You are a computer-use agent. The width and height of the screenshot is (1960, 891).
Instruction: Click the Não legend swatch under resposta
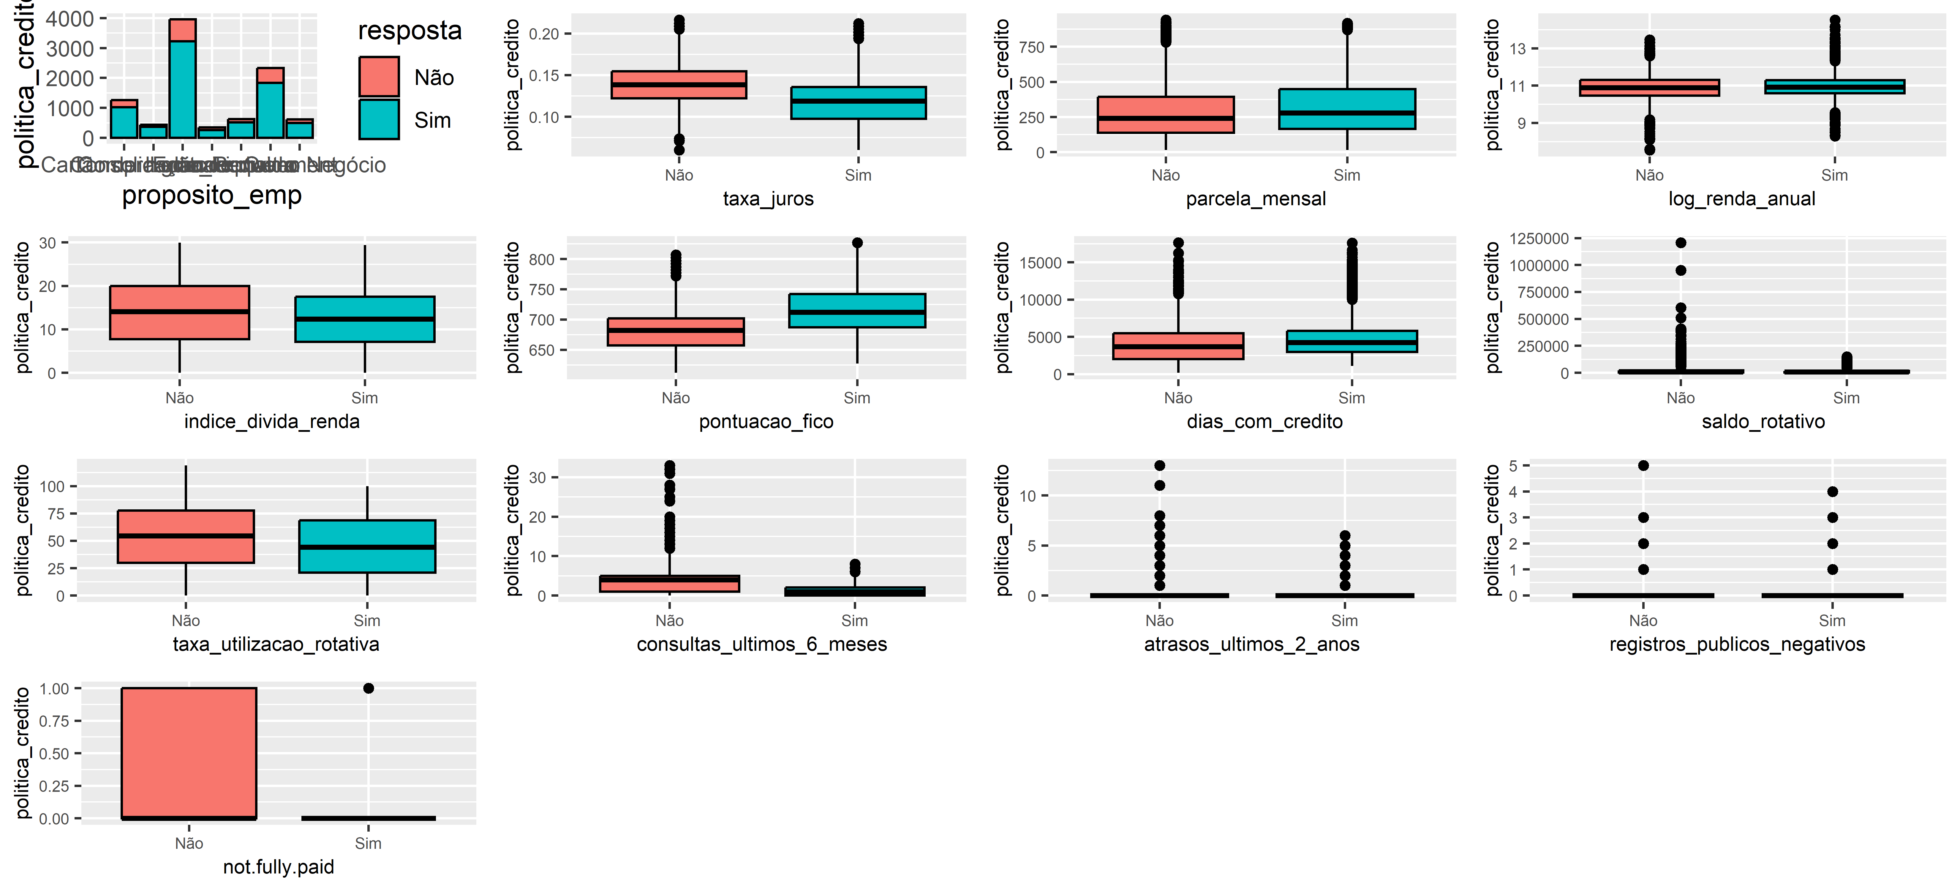pyautogui.click(x=379, y=77)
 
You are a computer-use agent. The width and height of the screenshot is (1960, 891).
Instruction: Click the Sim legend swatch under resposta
pyautogui.click(x=379, y=119)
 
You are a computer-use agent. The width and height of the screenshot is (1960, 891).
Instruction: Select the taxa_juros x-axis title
pyautogui.click(x=768, y=199)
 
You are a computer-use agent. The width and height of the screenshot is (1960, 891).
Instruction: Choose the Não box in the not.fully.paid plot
pyautogui.click(x=189, y=753)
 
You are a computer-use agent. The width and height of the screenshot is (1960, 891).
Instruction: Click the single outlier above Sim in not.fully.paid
pyautogui.click(x=368, y=689)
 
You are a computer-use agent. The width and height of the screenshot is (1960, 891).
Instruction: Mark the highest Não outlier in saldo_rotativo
pyautogui.click(x=1681, y=243)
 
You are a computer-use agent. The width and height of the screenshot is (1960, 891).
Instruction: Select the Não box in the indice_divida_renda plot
pyautogui.click(x=180, y=313)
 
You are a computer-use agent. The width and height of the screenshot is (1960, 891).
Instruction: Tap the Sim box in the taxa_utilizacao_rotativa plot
pyautogui.click(x=368, y=546)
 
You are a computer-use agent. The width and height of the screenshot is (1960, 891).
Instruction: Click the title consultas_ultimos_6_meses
pyautogui.click(x=762, y=644)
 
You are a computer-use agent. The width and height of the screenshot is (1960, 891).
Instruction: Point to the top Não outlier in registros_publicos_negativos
pyautogui.click(x=1643, y=466)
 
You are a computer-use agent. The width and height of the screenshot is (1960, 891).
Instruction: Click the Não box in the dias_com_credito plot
pyautogui.click(x=1178, y=346)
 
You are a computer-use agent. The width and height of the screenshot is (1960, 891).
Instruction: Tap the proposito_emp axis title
pyautogui.click(x=211, y=195)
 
